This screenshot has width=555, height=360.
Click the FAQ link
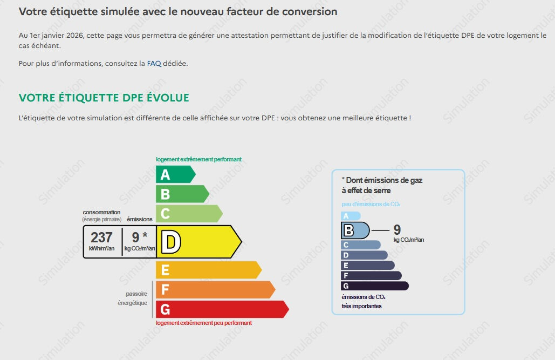coord(154,64)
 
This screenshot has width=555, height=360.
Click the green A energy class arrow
coord(176,174)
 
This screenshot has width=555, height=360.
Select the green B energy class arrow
coord(182,194)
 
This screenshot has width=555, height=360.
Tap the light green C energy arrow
coord(189,214)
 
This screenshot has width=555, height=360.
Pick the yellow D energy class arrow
coord(199,242)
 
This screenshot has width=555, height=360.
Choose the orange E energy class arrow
coord(209,270)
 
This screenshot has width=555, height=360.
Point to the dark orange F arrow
coord(215,289)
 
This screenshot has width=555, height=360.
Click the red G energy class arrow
coord(222,309)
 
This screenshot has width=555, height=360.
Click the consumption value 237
coord(101,237)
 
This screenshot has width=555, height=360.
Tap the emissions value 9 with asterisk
coord(140,237)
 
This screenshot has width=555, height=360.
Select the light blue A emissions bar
coord(351,216)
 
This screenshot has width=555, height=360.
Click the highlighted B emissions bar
coord(355,230)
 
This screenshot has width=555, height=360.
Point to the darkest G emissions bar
coord(375,286)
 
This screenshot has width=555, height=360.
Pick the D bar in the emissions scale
coord(364,255)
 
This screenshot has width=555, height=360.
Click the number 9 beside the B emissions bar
coord(397,230)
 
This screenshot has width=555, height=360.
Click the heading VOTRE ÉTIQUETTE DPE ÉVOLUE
coord(104,98)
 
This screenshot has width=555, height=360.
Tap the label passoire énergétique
coord(133,298)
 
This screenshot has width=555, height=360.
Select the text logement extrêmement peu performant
coord(204,323)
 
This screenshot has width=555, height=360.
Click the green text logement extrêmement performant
coord(198,159)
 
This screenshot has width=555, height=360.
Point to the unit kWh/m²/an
coord(101,248)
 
